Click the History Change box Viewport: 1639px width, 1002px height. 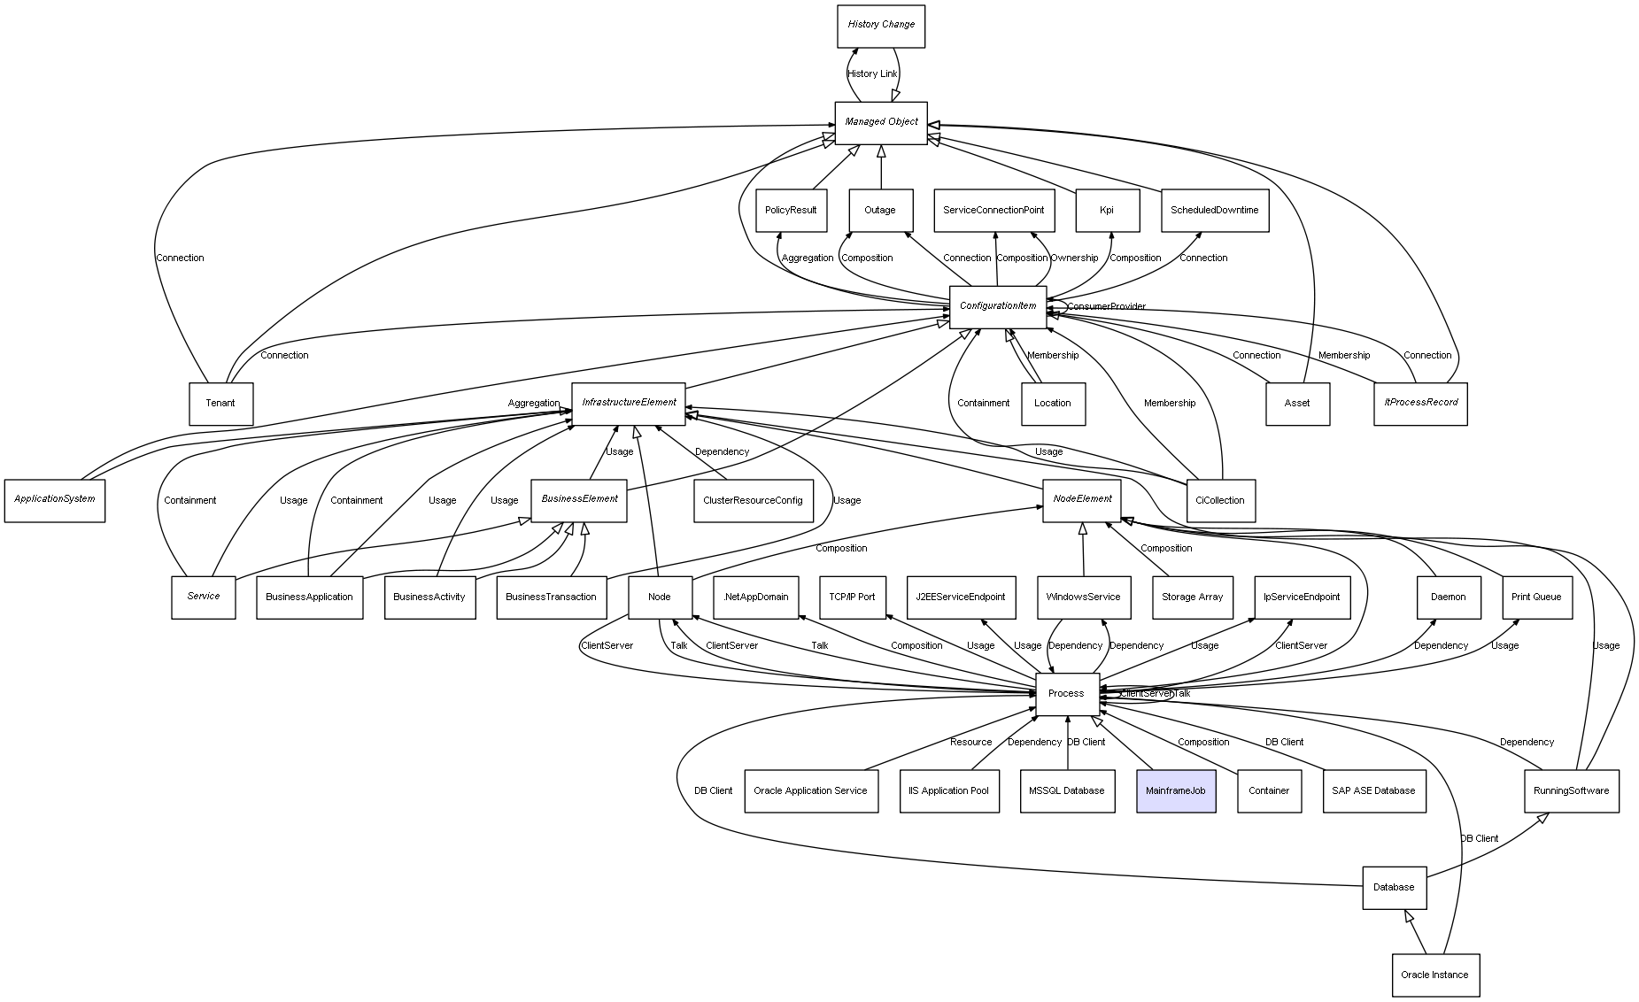pyautogui.click(x=881, y=26)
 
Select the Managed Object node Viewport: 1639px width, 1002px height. pyautogui.click(x=881, y=123)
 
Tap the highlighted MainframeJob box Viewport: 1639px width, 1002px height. pyautogui.click(x=1176, y=790)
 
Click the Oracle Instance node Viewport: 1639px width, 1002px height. pyautogui.click(x=1435, y=975)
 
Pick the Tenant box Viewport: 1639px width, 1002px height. pyautogui.click(x=220, y=404)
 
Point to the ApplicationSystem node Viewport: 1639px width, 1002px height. pyautogui.click(x=55, y=500)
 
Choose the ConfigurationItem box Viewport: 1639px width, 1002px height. pyautogui.click(x=998, y=307)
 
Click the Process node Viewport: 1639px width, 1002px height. pyautogui.click(x=1067, y=694)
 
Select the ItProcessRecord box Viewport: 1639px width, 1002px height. pyautogui.click(x=1420, y=404)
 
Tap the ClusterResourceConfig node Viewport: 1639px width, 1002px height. pyautogui.click(x=753, y=501)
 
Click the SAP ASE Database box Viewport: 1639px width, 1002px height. pyautogui.click(x=1373, y=790)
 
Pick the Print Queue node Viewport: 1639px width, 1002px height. pyautogui.click(x=1536, y=597)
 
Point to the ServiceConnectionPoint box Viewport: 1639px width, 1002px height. pyautogui.click(x=994, y=211)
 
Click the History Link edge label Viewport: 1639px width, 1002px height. pyautogui.click(x=872, y=74)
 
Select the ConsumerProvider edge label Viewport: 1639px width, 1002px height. pyautogui.click(x=1106, y=307)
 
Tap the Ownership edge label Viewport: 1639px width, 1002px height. pyautogui.click(x=1074, y=258)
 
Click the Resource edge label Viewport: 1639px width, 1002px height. pyautogui.click(x=970, y=743)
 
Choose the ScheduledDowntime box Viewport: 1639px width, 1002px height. pyautogui.click(x=1215, y=211)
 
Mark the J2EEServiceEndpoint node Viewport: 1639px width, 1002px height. pyautogui.click(x=961, y=597)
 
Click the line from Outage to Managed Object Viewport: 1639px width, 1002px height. pyautogui.click(x=881, y=167)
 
